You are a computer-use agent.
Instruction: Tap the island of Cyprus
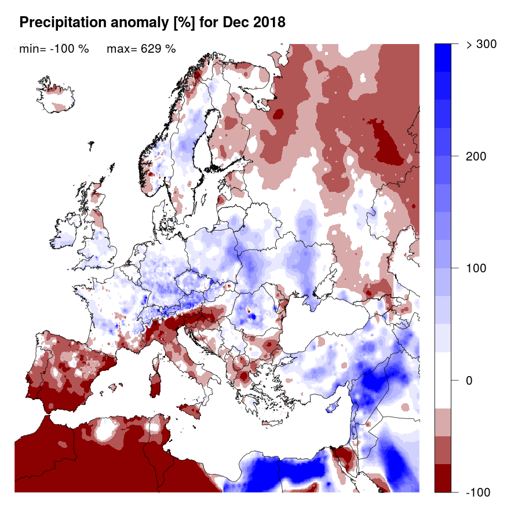[333, 406]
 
